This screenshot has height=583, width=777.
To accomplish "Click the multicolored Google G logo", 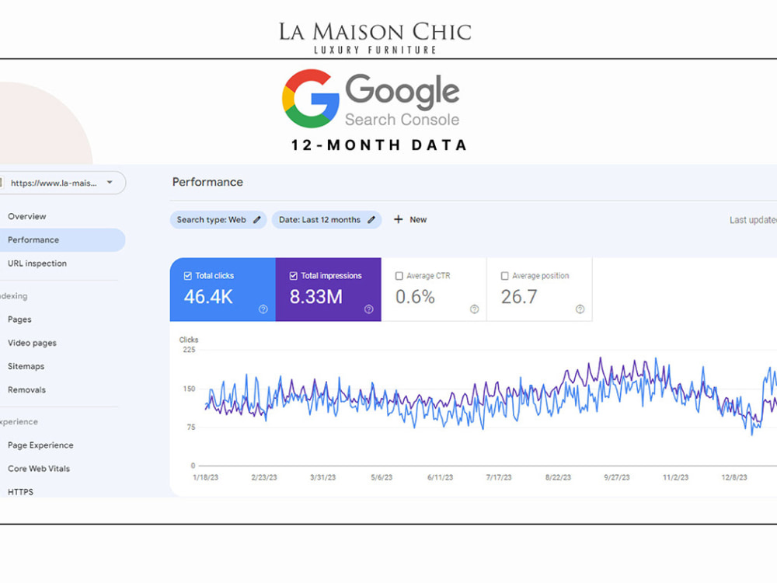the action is [x=311, y=99].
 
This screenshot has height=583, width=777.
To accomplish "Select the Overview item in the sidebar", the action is [x=26, y=216].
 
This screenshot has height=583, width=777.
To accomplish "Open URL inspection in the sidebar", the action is [x=37, y=264].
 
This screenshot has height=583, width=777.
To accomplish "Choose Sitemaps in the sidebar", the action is [x=26, y=366].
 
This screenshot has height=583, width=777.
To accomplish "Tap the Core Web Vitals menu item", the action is [x=39, y=469].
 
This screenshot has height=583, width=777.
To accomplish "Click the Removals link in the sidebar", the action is [x=26, y=389].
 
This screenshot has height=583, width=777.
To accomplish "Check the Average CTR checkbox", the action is [x=399, y=276].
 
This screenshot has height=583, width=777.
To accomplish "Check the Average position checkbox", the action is [x=504, y=276].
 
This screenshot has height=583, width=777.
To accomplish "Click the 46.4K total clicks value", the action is [x=208, y=297].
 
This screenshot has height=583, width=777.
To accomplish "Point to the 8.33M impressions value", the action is [x=315, y=297].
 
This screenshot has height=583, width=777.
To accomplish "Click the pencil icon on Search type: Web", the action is [x=256, y=220].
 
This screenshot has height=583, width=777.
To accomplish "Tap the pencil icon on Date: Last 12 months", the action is [x=371, y=220].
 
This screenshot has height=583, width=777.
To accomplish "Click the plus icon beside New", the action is [x=398, y=219].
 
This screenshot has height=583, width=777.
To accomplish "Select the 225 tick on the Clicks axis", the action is [x=189, y=350].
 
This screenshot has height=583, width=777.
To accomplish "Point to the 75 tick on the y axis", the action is [x=191, y=427].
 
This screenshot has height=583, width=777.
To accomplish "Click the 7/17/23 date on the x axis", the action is [x=499, y=477].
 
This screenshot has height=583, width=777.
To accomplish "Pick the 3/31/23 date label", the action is [x=322, y=477].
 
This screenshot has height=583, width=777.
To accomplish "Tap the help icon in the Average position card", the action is [x=580, y=309].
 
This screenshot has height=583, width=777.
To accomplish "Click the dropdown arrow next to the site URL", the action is [x=110, y=183].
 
